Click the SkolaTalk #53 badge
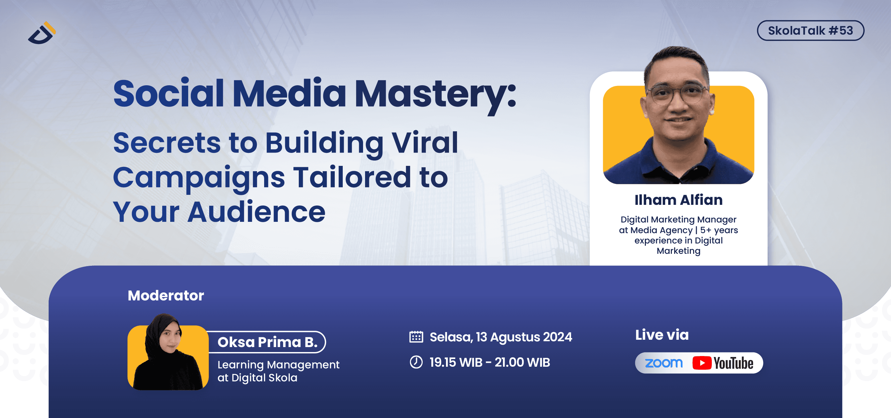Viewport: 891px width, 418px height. (810, 31)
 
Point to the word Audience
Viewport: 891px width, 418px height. (256, 212)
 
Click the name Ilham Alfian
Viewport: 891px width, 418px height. (678, 200)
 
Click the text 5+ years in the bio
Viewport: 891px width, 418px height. (719, 230)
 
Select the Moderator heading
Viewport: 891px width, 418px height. (166, 296)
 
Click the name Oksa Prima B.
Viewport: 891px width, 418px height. (267, 342)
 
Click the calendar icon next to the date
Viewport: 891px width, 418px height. (416, 337)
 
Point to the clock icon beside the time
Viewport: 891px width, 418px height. (416, 362)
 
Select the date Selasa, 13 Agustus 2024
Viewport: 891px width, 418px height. (501, 337)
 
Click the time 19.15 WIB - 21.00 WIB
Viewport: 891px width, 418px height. (489, 362)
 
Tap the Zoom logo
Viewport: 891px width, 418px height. (664, 363)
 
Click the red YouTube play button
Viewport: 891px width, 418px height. (702, 363)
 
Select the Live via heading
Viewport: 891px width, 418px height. (662, 335)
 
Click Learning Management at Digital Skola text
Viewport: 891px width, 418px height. (278, 371)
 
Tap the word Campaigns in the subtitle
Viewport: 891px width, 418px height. (199, 178)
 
